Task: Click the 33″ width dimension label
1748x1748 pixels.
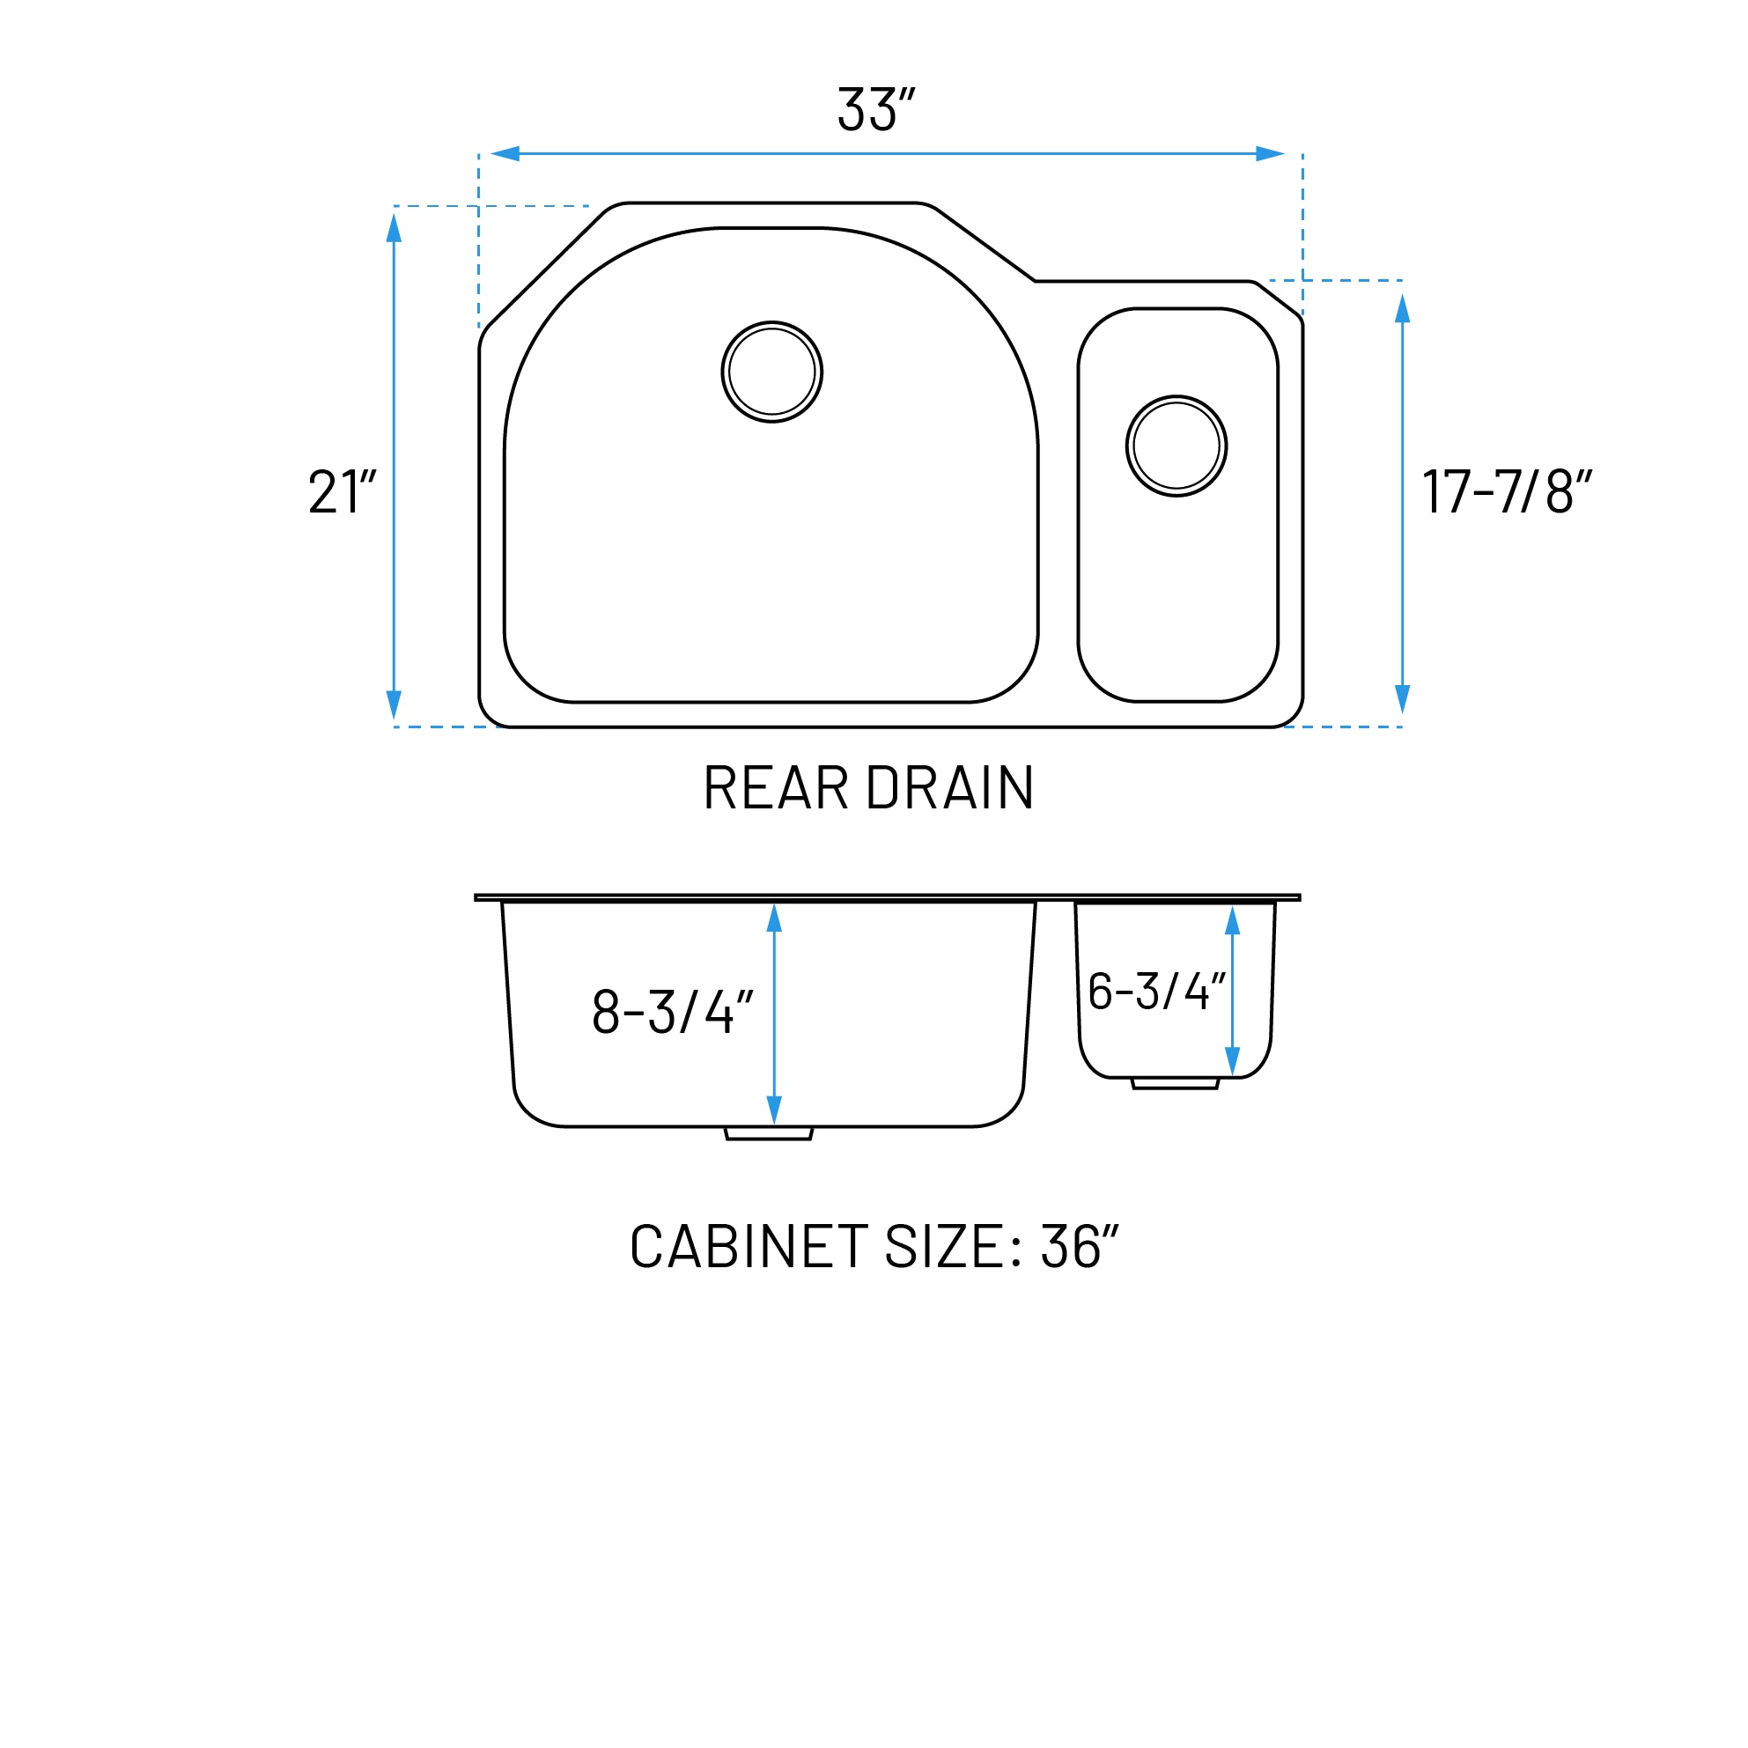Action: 875,109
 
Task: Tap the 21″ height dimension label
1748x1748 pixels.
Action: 342,492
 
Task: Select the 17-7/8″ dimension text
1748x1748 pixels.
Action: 1507,492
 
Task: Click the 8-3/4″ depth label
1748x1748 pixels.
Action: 672,1012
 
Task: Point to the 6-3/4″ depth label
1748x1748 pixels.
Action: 1155,991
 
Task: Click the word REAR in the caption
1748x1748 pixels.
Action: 777,788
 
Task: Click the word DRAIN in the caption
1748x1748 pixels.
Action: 950,788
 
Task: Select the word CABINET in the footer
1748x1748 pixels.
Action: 749,1247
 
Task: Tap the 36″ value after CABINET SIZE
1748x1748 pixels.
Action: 1080,1247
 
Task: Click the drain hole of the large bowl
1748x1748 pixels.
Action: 771,372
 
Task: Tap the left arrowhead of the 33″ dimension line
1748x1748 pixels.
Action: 505,154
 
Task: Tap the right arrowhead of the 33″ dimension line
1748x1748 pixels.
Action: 1271,154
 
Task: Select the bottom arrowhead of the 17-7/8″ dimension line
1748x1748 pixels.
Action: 1403,698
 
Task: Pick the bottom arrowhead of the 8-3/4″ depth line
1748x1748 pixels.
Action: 774,1110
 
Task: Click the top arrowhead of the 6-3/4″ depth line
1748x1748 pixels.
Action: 1232,921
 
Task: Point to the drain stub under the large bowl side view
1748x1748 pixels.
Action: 769,1133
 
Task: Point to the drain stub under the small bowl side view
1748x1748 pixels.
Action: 1176,1083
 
